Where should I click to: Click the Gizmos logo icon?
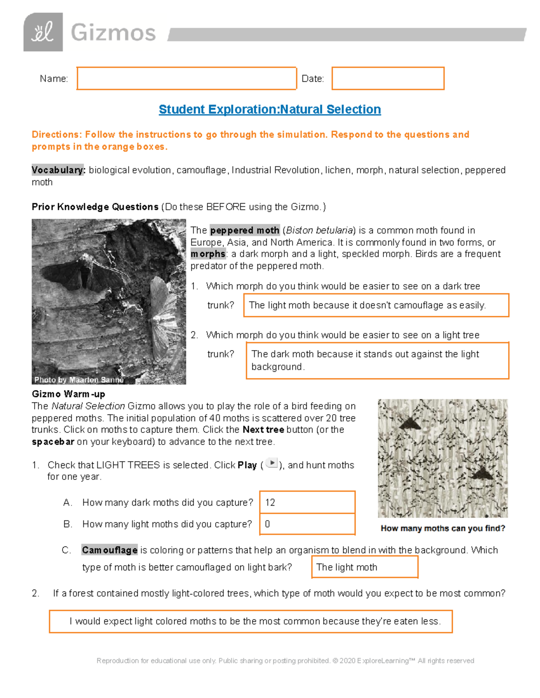(x=43, y=32)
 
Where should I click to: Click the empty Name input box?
(x=186, y=79)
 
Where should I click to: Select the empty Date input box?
(x=388, y=79)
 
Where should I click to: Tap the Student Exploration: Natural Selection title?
(x=270, y=109)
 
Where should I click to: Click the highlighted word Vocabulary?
(x=58, y=170)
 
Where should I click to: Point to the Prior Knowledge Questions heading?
(x=95, y=207)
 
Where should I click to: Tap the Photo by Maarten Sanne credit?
(x=79, y=380)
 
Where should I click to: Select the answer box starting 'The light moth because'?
(x=376, y=305)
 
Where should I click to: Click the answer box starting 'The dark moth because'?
(x=377, y=360)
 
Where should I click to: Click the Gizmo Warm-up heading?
(x=68, y=394)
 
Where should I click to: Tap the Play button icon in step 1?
(x=271, y=463)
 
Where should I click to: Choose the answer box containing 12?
(x=307, y=502)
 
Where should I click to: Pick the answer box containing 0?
(x=307, y=524)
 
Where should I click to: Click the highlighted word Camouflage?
(x=109, y=550)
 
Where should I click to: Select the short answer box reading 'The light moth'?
(x=364, y=567)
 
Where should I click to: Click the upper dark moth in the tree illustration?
(x=410, y=423)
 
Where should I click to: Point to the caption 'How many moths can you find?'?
(x=443, y=529)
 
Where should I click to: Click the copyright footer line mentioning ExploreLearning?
(x=285, y=661)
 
